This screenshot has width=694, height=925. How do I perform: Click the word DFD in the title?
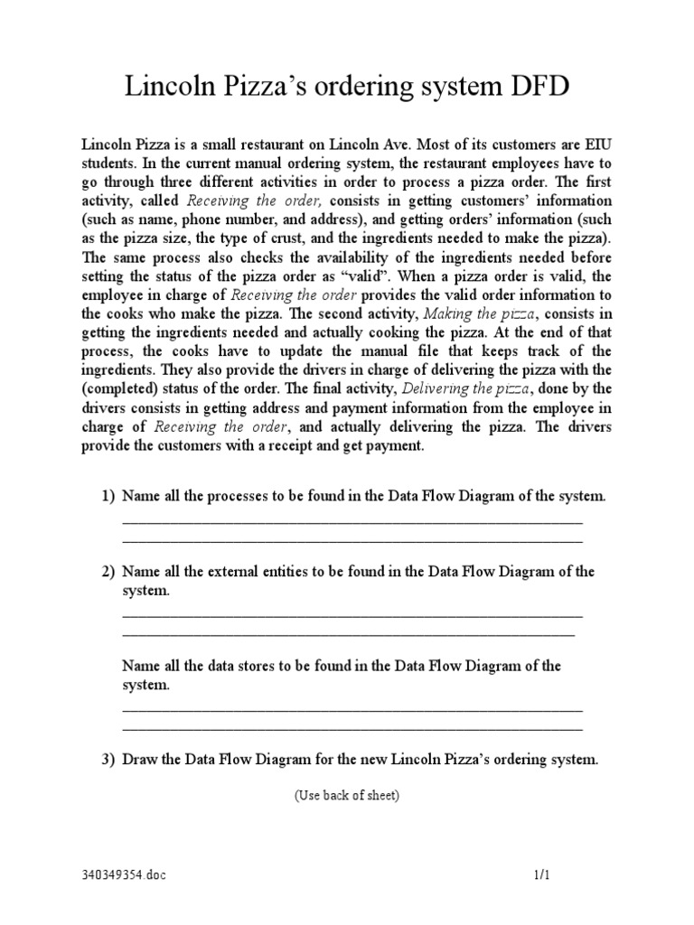(536, 90)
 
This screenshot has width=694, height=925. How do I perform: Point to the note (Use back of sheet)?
(346, 796)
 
